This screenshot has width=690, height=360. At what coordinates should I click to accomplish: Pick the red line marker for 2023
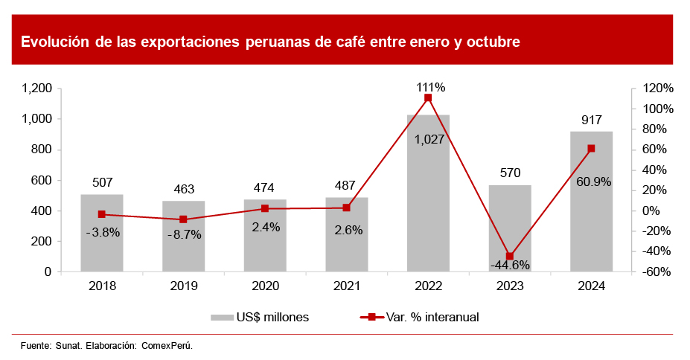point(510,256)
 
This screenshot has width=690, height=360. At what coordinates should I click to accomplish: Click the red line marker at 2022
point(428,97)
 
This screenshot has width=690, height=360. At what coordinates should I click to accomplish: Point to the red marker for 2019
point(183,219)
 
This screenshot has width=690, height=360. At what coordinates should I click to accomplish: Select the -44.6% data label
point(510,265)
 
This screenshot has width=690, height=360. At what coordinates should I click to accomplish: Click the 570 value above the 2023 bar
point(510,173)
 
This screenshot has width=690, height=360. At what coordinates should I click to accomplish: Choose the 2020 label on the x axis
point(265,286)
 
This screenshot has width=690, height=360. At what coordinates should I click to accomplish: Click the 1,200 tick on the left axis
point(36,89)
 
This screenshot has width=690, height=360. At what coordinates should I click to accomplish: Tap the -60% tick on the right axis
point(658,272)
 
